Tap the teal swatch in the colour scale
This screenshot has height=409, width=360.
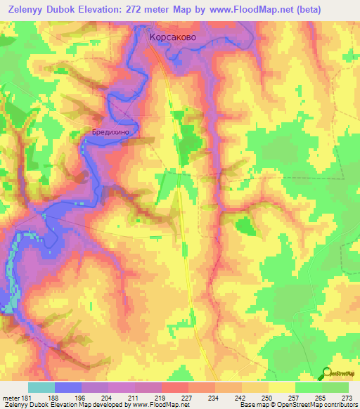(x=41, y=387)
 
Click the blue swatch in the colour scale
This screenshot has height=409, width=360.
(x=68, y=387)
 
